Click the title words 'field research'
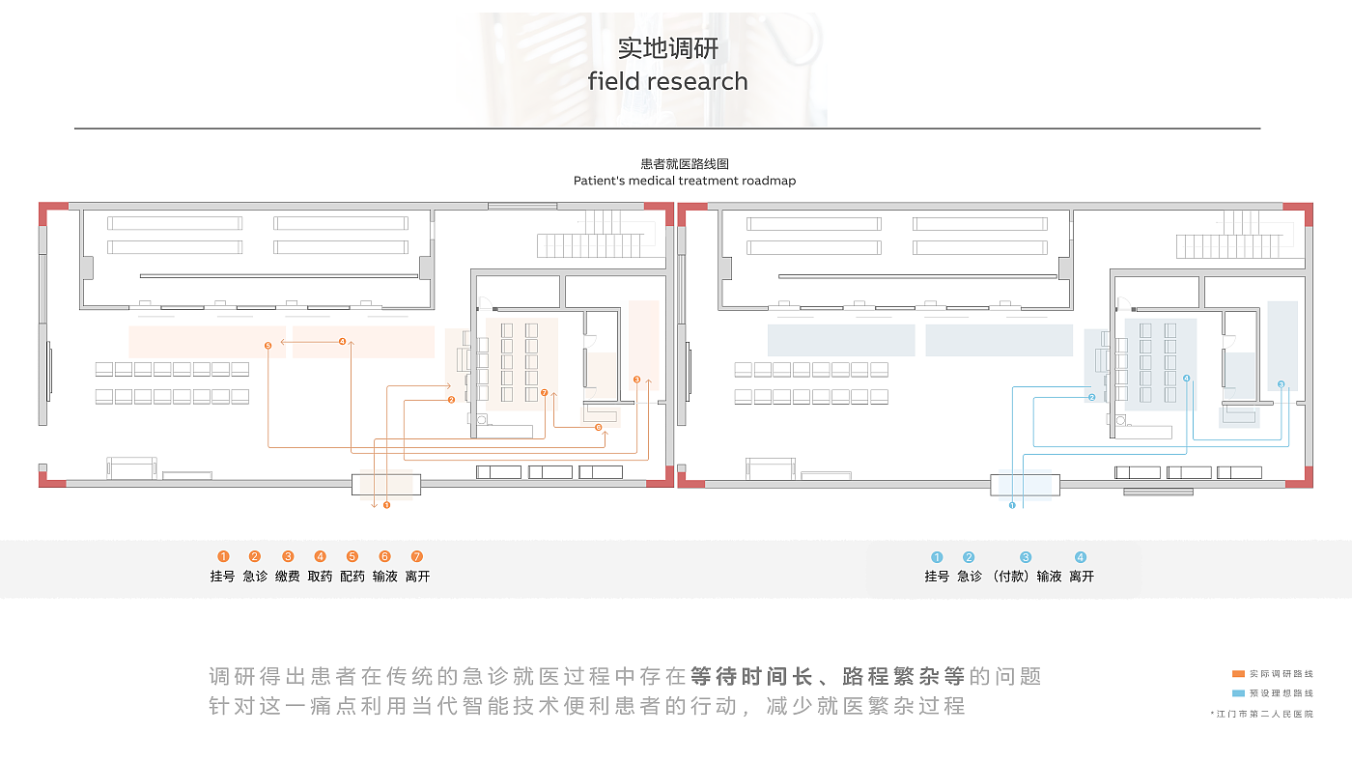(667, 81)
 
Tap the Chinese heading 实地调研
(667, 48)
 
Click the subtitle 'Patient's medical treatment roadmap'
(684, 181)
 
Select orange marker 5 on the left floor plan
(268, 345)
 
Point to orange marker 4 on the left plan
(342, 341)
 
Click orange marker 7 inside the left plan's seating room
(545, 393)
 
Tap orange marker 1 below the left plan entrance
(386, 504)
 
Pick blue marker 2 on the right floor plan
(1091, 397)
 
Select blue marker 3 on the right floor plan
(1281, 384)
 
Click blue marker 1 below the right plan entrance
(1012, 504)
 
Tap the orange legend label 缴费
(287, 577)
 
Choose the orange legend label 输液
(384, 577)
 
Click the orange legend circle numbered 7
(417, 556)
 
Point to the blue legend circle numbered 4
(1081, 557)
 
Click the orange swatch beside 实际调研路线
(1238, 674)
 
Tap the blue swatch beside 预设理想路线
(1238, 693)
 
